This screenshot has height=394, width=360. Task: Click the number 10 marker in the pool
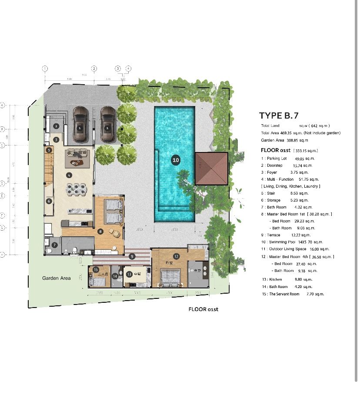pyautogui.click(x=176, y=160)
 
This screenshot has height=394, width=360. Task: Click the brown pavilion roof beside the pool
pyautogui.click(x=211, y=169)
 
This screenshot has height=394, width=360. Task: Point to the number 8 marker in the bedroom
pyautogui.click(x=100, y=232)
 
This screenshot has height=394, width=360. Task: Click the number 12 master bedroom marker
pyautogui.click(x=177, y=256)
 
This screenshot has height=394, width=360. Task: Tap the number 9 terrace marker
pyautogui.click(x=132, y=256)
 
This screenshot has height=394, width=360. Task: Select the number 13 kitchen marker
pyautogui.click(x=129, y=274)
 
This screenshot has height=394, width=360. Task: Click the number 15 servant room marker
pyautogui.click(x=96, y=270)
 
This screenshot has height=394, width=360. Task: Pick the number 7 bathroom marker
pyautogui.click(x=54, y=245)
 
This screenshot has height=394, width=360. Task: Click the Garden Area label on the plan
pyautogui.click(x=57, y=278)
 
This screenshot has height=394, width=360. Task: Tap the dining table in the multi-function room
pyautogui.click(x=76, y=189)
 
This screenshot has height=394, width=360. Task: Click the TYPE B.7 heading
pyautogui.click(x=279, y=115)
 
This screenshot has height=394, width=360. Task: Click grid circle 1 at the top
pyautogui.click(x=45, y=69)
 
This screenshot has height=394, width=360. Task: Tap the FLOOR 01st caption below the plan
pyautogui.click(x=203, y=310)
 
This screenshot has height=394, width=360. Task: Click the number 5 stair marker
pyautogui.click(x=49, y=150)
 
